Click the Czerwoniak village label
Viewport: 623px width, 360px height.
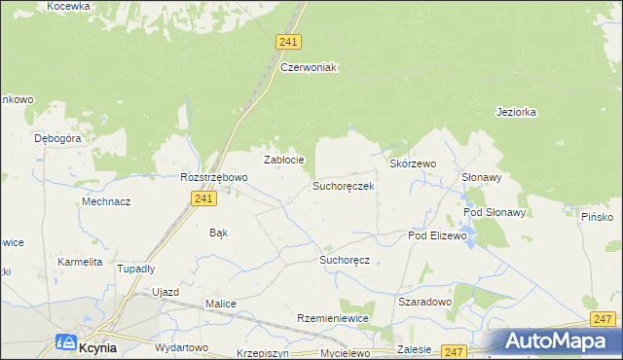[x=308, y=67]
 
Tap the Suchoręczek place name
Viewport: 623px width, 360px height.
[x=343, y=185]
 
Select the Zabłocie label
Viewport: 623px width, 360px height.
[x=285, y=160]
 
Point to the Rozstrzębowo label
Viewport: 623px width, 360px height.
[x=214, y=177]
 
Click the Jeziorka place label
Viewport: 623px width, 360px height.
[x=516, y=112]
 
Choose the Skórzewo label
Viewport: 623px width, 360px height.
[x=413, y=164]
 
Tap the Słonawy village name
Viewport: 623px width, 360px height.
[x=481, y=177]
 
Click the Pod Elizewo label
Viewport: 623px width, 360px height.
[x=438, y=236]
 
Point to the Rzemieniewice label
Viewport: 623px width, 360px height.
[x=333, y=319]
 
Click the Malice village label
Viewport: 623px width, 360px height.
[x=221, y=304]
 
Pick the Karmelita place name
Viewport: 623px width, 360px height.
[x=80, y=262]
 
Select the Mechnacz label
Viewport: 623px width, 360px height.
[x=107, y=201]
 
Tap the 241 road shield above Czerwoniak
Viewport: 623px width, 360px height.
[x=288, y=42]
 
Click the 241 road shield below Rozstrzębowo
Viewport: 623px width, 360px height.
[x=202, y=198]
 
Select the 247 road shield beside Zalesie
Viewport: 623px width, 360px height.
[x=454, y=350]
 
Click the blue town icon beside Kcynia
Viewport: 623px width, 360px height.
[x=66, y=342]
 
